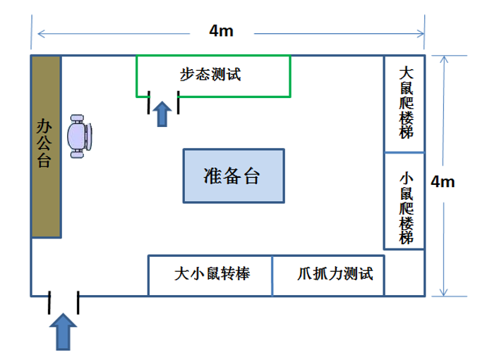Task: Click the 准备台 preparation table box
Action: [234, 176]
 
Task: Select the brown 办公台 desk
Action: [45, 146]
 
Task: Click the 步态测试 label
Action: [211, 73]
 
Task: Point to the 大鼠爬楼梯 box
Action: [404, 103]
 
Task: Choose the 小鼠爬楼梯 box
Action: [404, 200]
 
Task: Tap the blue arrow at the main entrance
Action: [64, 332]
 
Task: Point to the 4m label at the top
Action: [222, 30]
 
